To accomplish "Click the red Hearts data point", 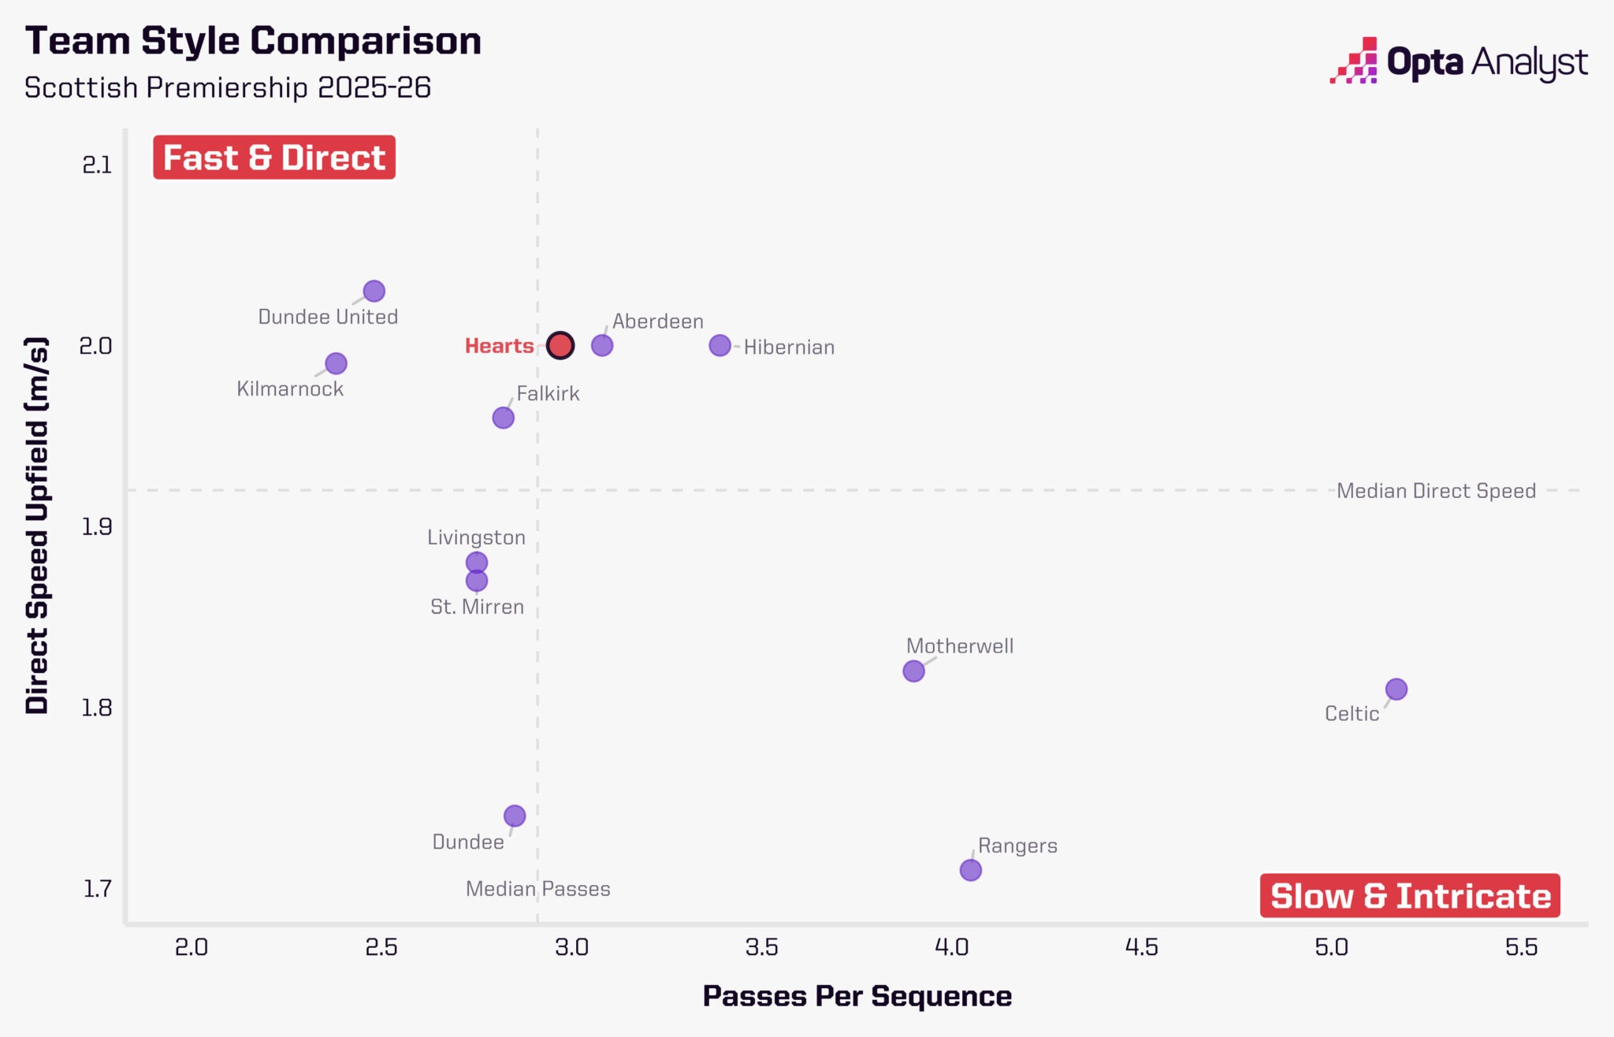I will click(560, 345).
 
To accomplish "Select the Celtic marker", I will click(1396, 689).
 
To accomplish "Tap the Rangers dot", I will click(970, 870).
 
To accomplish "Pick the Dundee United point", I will click(374, 292).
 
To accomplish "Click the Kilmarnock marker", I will click(336, 363).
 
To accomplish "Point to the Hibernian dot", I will click(720, 345).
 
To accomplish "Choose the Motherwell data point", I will click(913, 671).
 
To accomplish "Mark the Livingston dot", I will click(476, 563).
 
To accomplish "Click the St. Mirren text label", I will click(477, 607).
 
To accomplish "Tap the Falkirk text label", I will click(548, 394).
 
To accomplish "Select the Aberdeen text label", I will click(657, 322).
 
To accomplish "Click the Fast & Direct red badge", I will click(274, 158).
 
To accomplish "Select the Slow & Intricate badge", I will click(1410, 896).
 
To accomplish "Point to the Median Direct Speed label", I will click(1436, 491).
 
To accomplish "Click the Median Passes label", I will click(537, 889).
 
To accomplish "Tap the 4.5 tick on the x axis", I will click(1141, 947).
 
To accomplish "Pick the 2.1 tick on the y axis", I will click(97, 165).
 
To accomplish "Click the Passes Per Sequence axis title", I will click(857, 996).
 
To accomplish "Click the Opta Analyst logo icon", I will click(1354, 61).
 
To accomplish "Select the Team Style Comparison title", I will click(253, 41).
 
